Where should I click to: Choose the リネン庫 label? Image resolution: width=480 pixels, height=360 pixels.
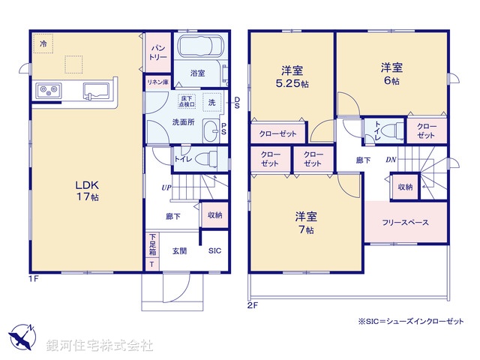(157, 82)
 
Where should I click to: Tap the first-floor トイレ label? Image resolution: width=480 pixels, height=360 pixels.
(182, 158)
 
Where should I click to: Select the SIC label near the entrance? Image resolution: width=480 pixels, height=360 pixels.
(214, 251)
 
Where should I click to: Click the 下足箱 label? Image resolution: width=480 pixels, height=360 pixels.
(151, 245)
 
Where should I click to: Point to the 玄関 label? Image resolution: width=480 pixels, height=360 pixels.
(180, 251)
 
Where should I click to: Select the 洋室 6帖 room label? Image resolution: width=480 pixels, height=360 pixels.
(390, 73)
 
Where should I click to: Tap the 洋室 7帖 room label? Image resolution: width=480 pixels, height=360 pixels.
(306, 223)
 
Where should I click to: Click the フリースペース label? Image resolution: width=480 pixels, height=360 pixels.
(405, 223)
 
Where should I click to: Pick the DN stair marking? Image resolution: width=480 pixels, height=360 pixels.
(391, 160)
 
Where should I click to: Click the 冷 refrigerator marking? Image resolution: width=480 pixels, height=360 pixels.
(43, 44)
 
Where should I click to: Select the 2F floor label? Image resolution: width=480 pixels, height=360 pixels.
(252, 304)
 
